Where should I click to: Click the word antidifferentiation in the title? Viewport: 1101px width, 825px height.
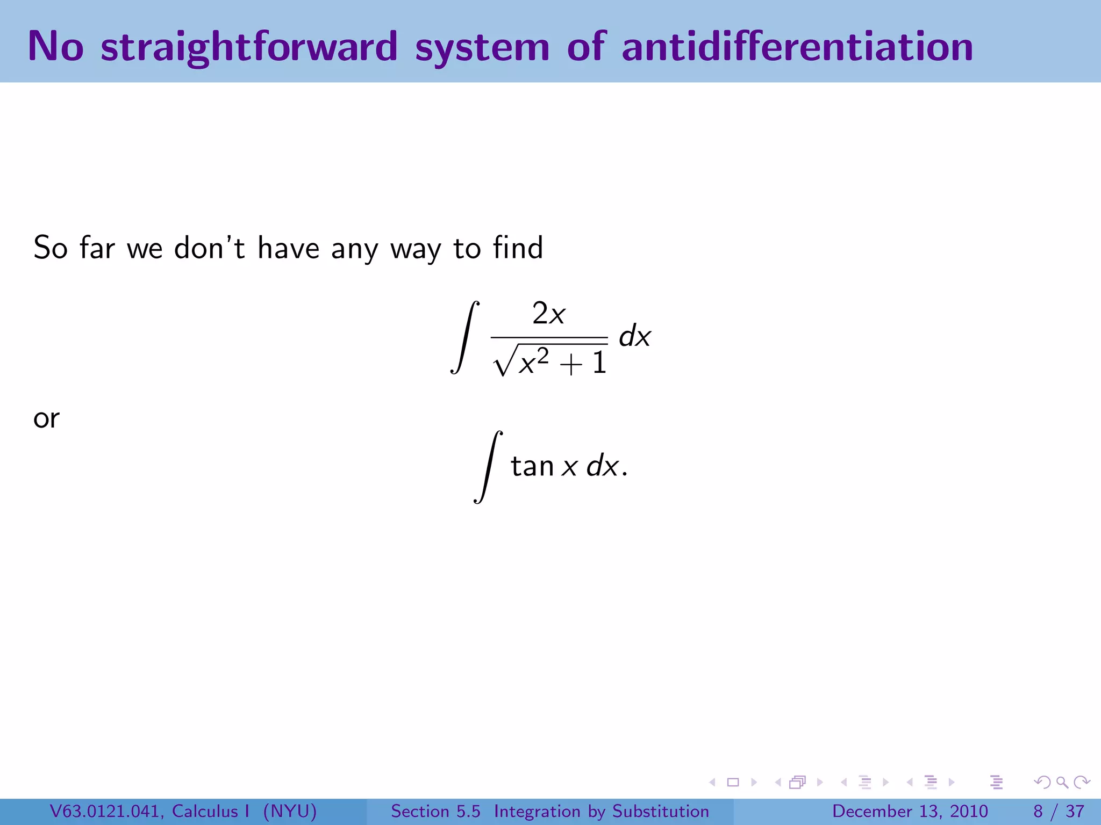pyautogui.click(x=797, y=47)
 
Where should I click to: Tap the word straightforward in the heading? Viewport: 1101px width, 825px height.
pyautogui.click(x=249, y=47)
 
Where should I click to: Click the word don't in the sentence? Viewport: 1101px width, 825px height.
pyautogui.click(x=209, y=248)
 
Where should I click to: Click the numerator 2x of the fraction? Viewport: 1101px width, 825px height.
pyautogui.click(x=548, y=314)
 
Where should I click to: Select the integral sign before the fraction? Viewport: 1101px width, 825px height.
pyautogui.click(x=464, y=337)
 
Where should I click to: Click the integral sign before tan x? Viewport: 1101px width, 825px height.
pyautogui.click(x=488, y=466)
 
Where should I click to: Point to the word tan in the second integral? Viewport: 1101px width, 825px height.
pyautogui.click(x=532, y=466)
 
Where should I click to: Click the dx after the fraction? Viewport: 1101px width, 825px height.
pyautogui.click(x=634, y=337)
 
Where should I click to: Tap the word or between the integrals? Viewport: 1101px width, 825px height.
pyautogui.click(x=46, y=418)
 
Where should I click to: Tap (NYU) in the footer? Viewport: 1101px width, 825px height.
pyautogui.click(x=290, y=811)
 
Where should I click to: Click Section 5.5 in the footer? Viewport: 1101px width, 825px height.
pyautogui.click(x=435, y=811)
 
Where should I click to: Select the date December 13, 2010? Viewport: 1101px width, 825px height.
pyautogui.click(x=910, y=811)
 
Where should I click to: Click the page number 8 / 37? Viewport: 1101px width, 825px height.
pyautogui.click(x=1058, y=811)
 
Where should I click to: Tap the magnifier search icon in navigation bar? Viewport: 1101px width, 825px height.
pyautogui.click(x=1062, y=782)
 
